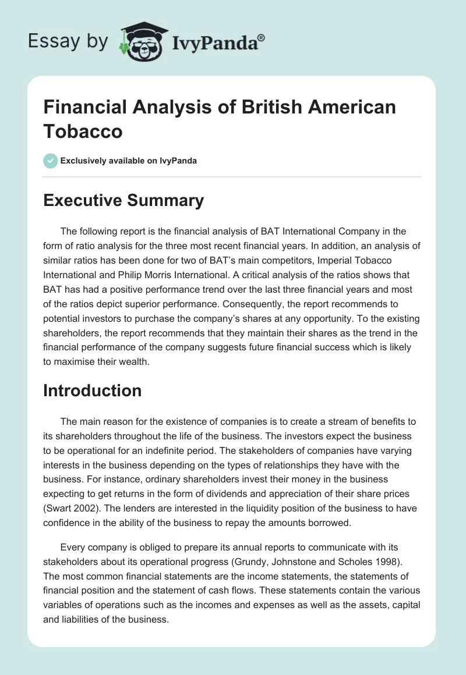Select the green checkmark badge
click(51, 161)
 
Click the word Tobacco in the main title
click(83, 131)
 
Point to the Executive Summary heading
click(123, 201)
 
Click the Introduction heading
click(93, 390)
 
